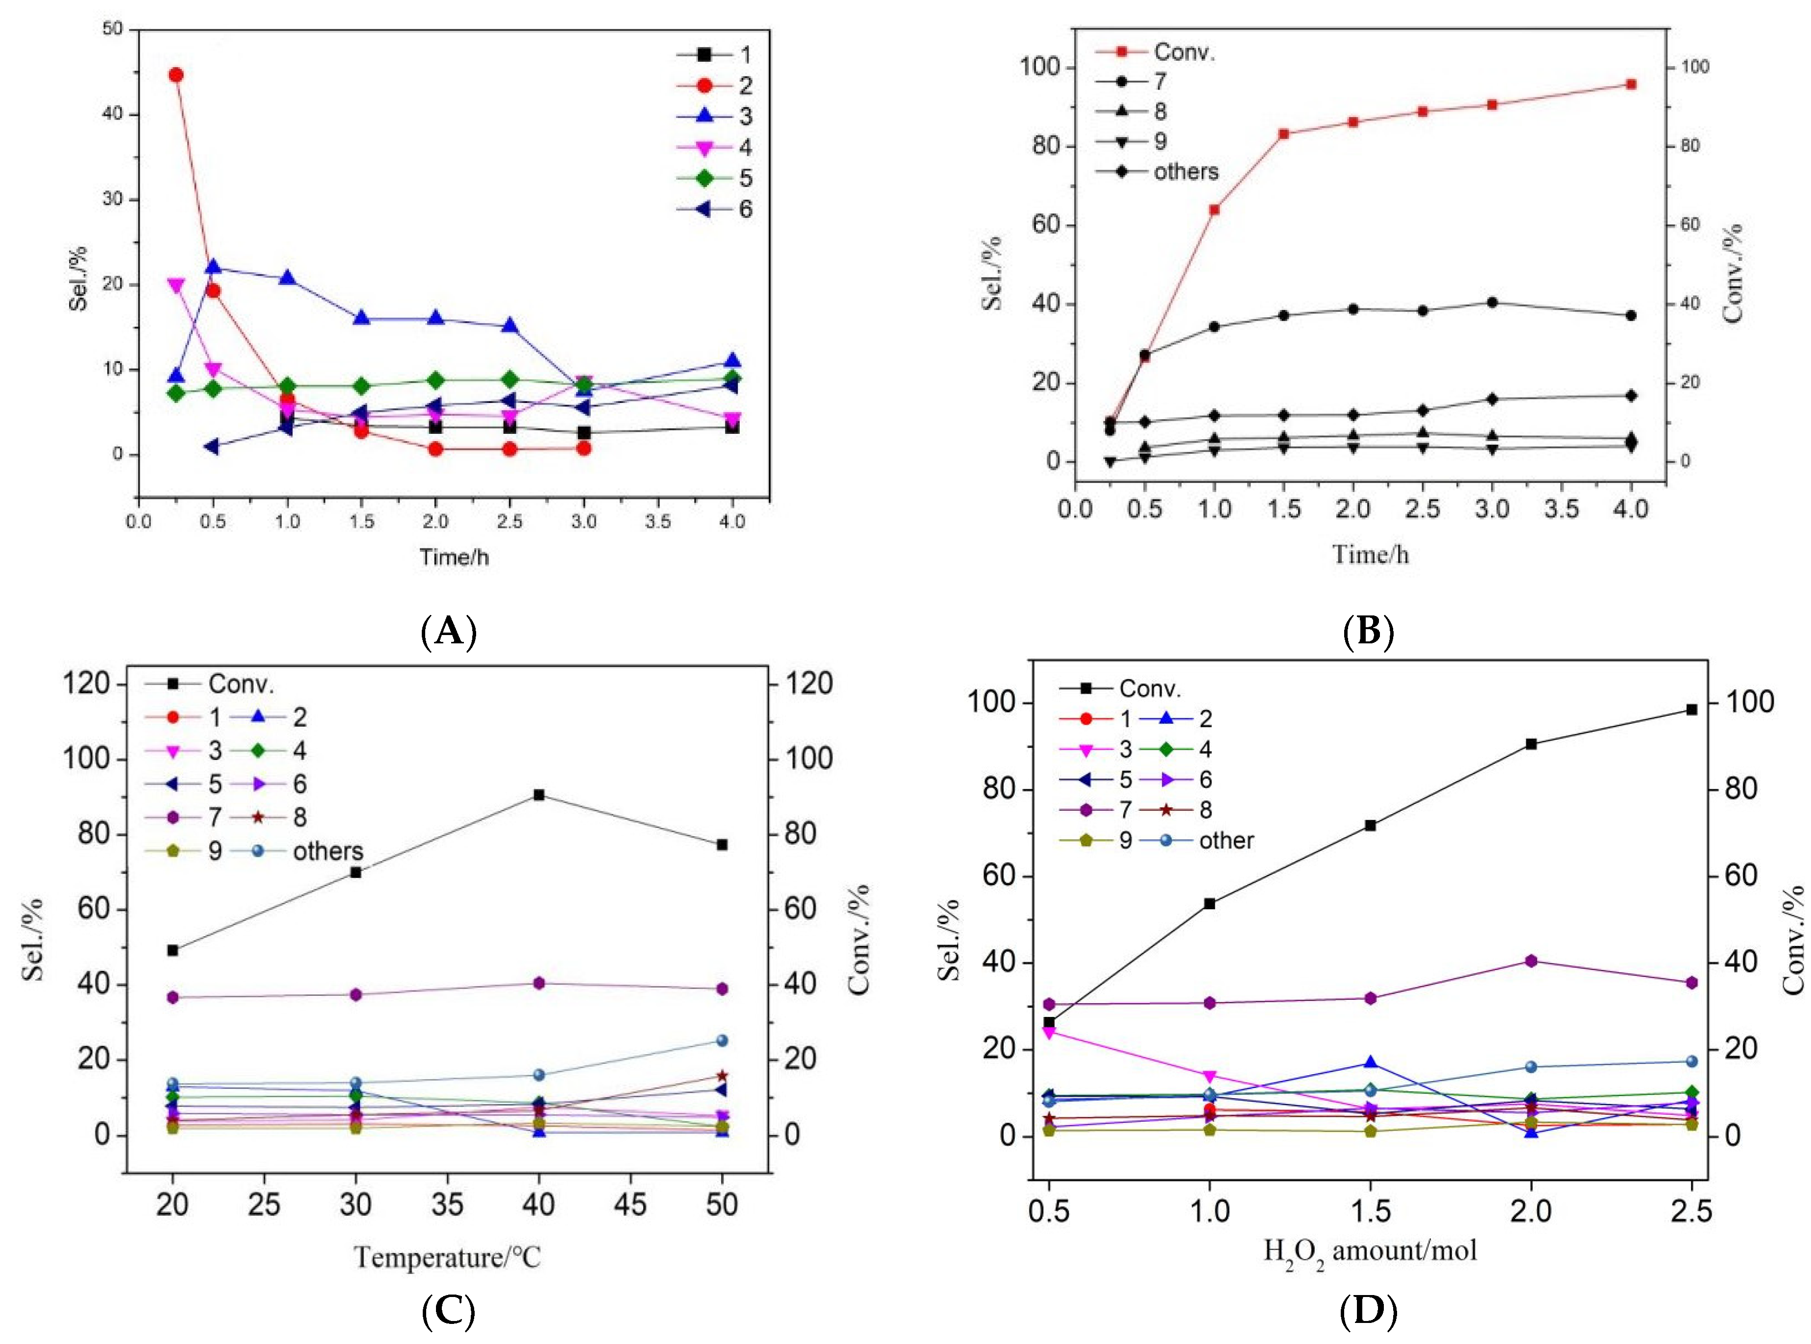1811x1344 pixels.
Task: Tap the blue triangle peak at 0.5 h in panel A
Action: (213, 267)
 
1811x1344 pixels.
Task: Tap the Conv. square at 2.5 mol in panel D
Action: (1691, 709)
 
